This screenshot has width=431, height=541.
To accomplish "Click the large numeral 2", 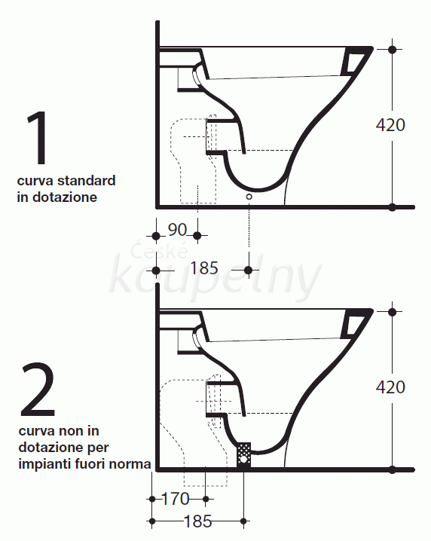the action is pyautogui.click(x=38, y=390).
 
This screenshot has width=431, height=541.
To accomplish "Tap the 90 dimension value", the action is pyautogui.click(x=177, y=230).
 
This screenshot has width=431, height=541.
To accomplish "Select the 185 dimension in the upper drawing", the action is pyautogui.click(x=204, y=268).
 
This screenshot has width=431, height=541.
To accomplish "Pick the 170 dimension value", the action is pyautogui.click(x=176, y=499).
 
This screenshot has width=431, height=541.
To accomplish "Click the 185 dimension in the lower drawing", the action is pyautogui.click(x=198, y=521).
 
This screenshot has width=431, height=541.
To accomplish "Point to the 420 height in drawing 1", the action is pyautogui.click(x=390, y=125).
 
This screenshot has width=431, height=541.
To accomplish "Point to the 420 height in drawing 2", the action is pyautogui.click(x=390, y=387).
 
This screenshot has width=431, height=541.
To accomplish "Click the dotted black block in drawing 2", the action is pyautogui.click(x=243, y=455).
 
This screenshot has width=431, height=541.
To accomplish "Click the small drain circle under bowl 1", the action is pyautogui.click(x=249, y=197).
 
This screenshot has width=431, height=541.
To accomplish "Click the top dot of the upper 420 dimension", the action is pyautogui.click(x=392, y=49).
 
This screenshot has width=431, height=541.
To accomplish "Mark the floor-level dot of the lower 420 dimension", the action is pyautogui.click(x=392, y=469).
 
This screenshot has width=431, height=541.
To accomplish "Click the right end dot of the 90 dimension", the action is pyautogui.click(x=197, y=236).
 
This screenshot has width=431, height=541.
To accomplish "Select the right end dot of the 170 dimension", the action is pyautogui.click(x=206, y=499).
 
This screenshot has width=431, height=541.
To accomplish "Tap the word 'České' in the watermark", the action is pyautogui.click(x=160, y=250).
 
